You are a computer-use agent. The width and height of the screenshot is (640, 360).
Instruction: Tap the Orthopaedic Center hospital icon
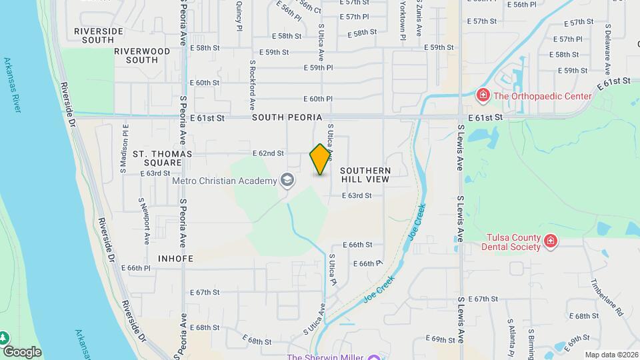click(x=483, y=96)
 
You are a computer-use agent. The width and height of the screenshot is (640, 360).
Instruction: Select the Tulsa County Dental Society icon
click(x=550, y=241)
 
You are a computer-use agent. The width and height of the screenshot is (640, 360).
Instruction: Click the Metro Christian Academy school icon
click(x=287, y=181)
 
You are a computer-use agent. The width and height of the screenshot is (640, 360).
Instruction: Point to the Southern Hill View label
click(x=365, y=175)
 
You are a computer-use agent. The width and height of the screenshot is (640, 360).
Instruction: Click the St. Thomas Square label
click(x=163, y=158)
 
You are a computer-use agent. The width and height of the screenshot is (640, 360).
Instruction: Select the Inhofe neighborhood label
click(x=176, y=258)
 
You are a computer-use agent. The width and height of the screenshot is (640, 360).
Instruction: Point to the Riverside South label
click(x=99, y=35)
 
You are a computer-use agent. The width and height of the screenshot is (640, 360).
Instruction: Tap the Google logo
click(x=22, y=352)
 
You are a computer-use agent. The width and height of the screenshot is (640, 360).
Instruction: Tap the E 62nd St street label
click(x=268, y=153)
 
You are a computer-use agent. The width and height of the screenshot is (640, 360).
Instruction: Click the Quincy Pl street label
click(x=239, y=18)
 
